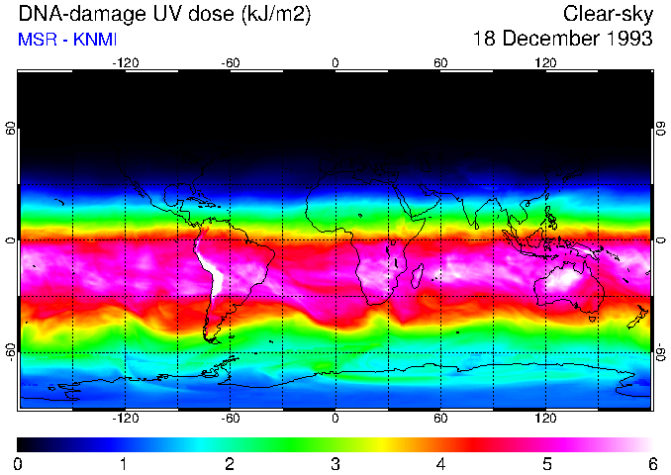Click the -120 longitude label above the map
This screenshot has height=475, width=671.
coord(125,63)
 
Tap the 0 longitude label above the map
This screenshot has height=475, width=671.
coord(335,63)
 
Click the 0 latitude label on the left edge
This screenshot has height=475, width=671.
coord(11,240)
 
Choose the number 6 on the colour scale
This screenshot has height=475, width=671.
coord(651,463)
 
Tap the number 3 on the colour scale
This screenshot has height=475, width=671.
coord(335,463)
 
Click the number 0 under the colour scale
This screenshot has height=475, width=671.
coord(19,463)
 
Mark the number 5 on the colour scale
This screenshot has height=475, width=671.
coord(546,463)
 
